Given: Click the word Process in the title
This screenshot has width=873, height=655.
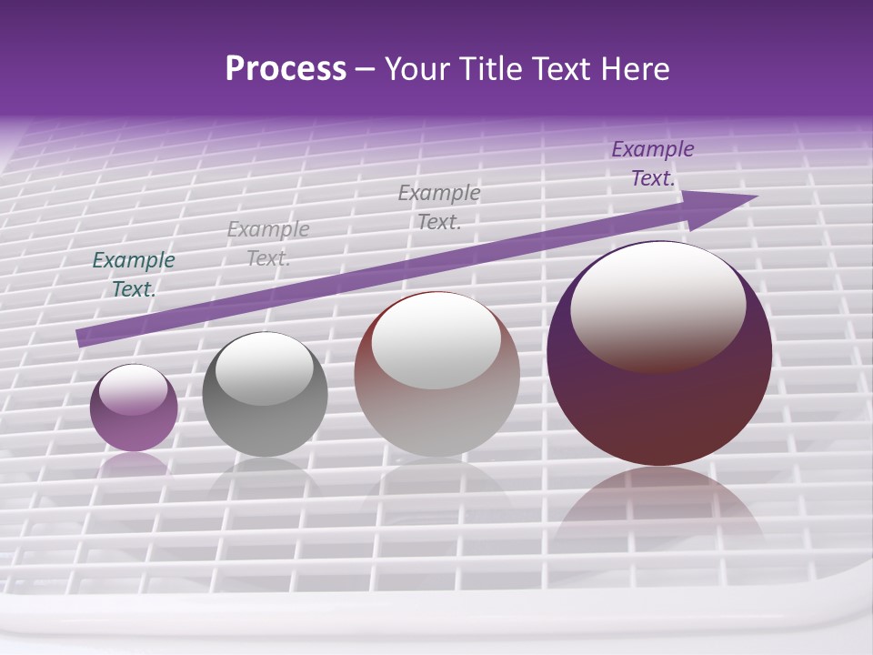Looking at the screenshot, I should point(286,69).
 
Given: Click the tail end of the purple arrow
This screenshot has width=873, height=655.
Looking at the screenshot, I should point(82,338).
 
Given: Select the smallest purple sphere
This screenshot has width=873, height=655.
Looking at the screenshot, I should point(134,408).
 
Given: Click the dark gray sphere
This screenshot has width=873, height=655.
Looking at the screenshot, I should point(265,394).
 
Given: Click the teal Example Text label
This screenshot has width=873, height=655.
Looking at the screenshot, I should point(134,275).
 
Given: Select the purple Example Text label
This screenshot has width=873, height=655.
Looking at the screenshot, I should point(652,164).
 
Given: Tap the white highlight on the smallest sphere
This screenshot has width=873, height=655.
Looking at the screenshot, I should point(134,389).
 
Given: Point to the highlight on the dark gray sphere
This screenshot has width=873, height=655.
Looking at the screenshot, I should point(265,368).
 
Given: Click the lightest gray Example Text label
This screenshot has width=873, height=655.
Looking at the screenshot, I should point(268,244).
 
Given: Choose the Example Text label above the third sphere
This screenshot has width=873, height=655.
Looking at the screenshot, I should point(439,207).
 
